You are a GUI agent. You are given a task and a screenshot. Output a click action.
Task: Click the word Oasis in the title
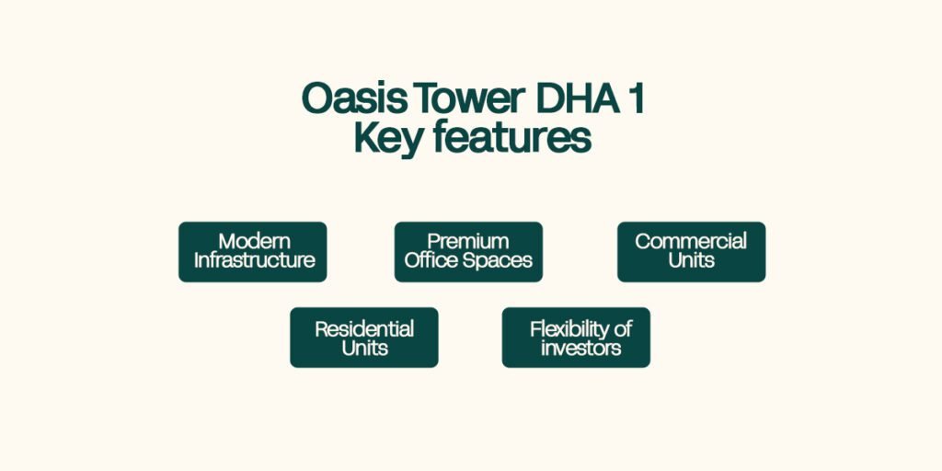(x=354, y=98)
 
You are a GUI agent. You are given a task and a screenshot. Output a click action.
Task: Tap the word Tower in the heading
(x=470, y=98)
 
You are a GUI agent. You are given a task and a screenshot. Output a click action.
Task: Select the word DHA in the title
(x=578, y=98)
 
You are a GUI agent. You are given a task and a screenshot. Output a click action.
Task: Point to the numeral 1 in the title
(x=637, y=98)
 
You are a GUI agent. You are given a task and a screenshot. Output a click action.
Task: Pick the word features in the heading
(x=511, y=138)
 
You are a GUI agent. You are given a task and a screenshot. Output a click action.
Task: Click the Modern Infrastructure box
(x=253, y=252)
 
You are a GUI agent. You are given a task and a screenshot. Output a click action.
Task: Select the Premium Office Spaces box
(x=468, y=252)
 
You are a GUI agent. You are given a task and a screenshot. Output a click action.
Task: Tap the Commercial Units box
(x=692, y=252)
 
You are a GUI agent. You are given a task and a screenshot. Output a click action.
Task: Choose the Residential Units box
(x=364, y=338)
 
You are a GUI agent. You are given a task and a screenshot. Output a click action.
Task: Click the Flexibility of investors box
(x=576, y=338)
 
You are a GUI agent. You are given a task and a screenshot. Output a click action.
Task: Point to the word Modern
(x=255, y=242)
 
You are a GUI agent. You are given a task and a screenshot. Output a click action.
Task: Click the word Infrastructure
(x=254, y=260)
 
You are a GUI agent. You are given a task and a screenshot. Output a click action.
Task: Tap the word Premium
(x=468, y=242)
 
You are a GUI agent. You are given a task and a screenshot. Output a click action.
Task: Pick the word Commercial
(x=691, y=242)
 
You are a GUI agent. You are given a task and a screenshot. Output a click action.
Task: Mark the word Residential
(x=364, y=329)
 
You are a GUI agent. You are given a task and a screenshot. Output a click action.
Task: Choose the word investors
(x=581, y=348)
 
